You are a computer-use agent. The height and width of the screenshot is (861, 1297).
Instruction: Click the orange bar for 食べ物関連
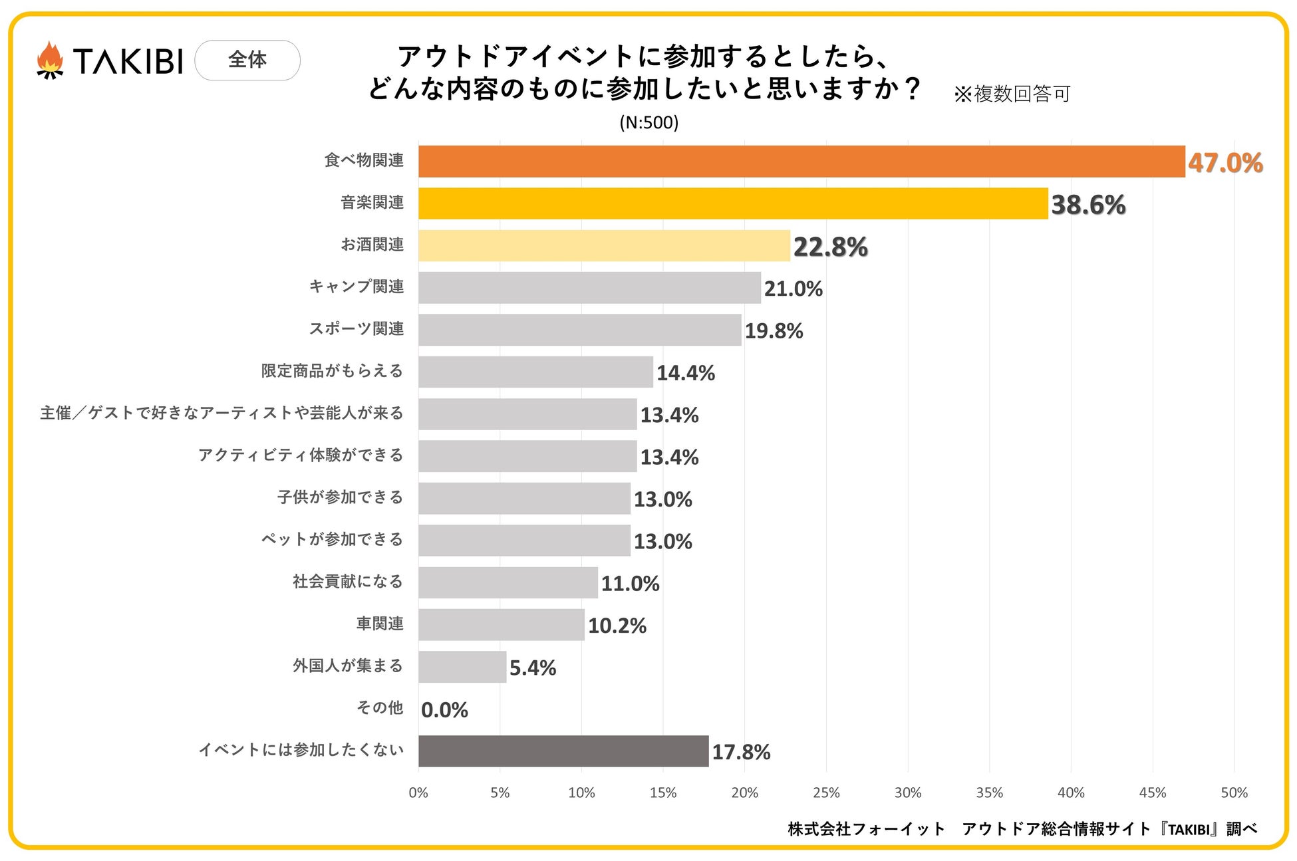pos(801,162)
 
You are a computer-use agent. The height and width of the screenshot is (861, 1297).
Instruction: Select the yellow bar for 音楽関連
pos(733,203)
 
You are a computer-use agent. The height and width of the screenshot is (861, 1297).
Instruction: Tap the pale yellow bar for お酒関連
pos(604,246)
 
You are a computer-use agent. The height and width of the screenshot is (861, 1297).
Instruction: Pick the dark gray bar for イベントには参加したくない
pos(563,751)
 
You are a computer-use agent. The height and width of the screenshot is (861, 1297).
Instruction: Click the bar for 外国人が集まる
pos(462,667)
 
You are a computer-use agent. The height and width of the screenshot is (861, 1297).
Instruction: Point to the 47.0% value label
pos(1225,163)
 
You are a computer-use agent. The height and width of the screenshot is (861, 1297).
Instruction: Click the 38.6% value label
pos(1088,205)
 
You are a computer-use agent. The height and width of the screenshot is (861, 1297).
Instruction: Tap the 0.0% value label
pos(444,710)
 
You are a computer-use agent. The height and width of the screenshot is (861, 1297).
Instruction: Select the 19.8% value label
pos(774,330)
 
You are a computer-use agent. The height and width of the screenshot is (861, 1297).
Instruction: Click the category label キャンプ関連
pos(357,287)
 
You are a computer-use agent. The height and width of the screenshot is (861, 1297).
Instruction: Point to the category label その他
pos(380,707)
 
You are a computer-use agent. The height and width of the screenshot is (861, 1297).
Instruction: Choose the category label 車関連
pos(380,624)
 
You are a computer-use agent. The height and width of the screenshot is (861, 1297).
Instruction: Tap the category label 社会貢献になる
pos(348,582)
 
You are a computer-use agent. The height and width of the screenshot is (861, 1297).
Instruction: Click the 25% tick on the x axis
pos(826,793)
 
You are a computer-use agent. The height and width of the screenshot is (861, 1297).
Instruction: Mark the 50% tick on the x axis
pos(1234,793)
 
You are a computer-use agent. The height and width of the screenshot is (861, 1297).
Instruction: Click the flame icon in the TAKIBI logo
pos(50,60)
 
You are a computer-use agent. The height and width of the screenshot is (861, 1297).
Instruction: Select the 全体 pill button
pos(247,61)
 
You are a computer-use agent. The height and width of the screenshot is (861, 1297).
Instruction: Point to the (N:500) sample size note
pos(648,122)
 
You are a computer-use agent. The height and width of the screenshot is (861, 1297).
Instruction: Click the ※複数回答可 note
pos(1012,94)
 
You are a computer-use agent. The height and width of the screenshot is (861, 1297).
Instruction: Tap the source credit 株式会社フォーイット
pos(866,829)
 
